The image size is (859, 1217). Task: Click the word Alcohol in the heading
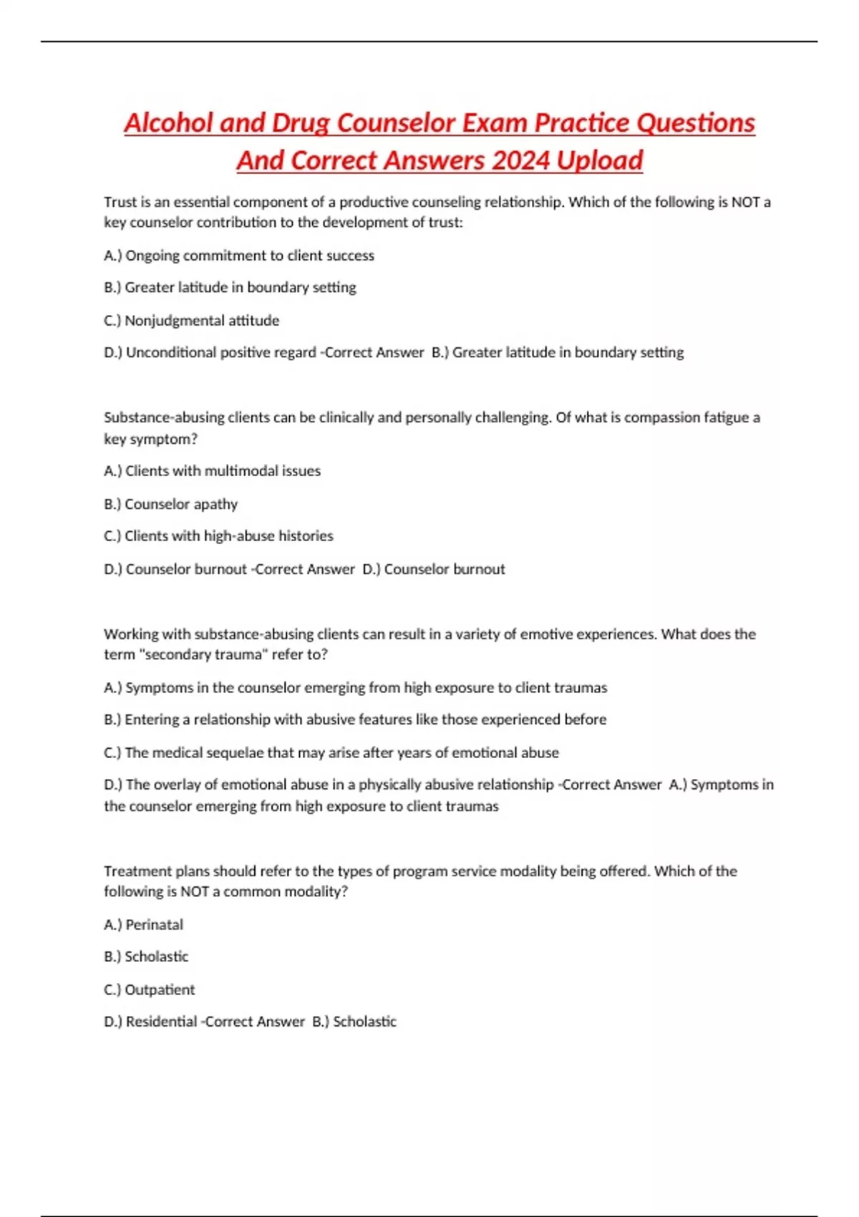pos(169,123)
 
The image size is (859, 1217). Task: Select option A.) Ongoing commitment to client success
pos(239,256)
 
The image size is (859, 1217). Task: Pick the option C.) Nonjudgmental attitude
pos(192,321)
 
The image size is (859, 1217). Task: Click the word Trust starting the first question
pos(120,203)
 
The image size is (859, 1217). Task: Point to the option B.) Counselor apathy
pos(171,504)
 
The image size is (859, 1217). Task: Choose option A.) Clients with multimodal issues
pos(213,471)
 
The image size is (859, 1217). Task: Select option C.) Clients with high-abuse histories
pos(219,536)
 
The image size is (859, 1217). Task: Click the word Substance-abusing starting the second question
pos(165,418)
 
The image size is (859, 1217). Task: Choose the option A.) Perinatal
pos(144,925)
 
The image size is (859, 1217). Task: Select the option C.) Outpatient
pos(150,990)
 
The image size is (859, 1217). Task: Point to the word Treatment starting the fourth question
pos(136,871)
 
